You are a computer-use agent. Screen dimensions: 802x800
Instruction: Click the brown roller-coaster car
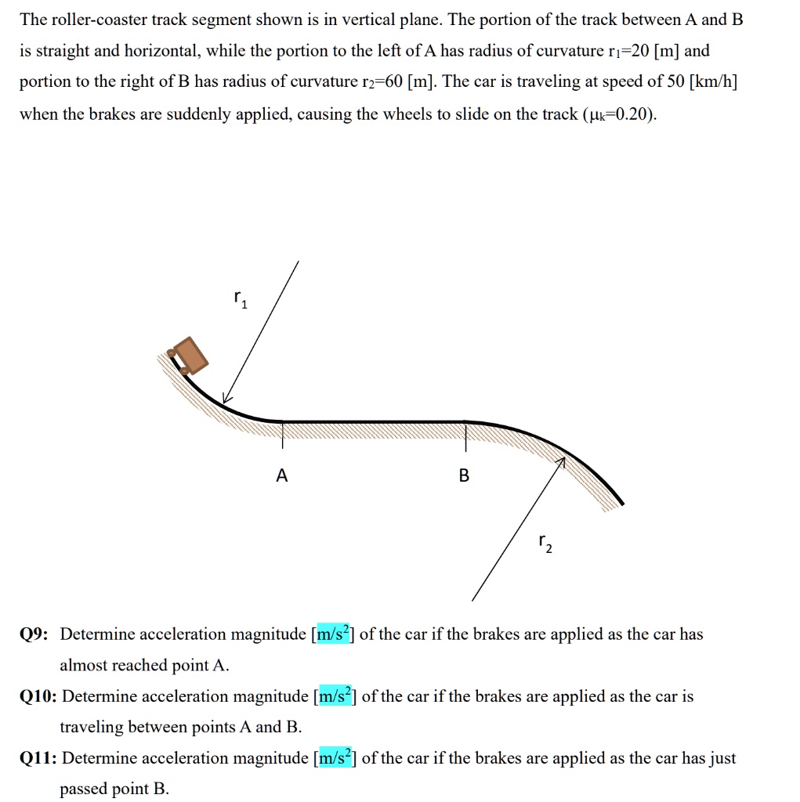point(190,355)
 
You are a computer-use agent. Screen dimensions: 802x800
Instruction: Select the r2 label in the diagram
point(545,544)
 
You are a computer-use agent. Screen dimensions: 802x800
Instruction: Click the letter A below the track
point(282,475)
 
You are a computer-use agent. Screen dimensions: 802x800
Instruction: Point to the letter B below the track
point(464,475)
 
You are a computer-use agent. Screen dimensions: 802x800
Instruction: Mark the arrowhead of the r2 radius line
point(560,464)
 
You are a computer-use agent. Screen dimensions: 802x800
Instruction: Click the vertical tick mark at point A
point(283,435)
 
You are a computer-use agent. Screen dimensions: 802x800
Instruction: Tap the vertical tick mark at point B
point(466,437)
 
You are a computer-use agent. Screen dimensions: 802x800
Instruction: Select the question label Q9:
point(34,634)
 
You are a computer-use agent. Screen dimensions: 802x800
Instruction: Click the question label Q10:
point(38,696)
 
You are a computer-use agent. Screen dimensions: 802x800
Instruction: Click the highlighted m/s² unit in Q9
point(333,634)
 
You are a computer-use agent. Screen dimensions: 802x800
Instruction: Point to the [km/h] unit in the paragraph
point(715,83)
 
